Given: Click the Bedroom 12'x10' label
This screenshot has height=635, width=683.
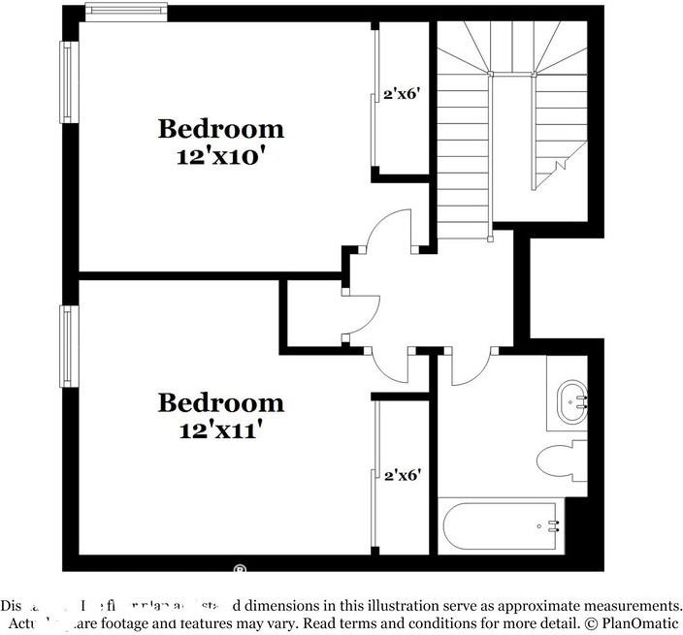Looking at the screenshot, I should [221, 142].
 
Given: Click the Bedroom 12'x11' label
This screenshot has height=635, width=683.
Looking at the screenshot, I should [221, 415].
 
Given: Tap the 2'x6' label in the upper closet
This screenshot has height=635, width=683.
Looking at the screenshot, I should [402, 94].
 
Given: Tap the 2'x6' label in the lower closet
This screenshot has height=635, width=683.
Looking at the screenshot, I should [402, 475].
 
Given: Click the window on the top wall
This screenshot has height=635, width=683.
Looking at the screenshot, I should [126, 12].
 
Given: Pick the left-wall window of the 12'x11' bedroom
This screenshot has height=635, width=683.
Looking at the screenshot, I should [67, 346].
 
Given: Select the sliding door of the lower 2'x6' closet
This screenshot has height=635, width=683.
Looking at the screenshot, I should [374, 475].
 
